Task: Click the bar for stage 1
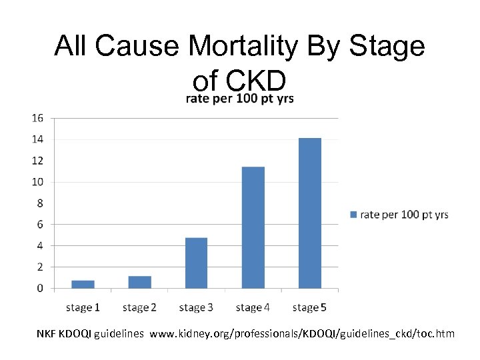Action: click(x=83, y=285)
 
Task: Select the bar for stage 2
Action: click(x=139, y=283)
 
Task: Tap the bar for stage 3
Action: click(x=196, y=263)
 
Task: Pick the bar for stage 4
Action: click(x=253, y=228)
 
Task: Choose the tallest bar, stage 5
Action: click(x=309, y=213)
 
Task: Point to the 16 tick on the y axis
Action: click(x=37, y=118)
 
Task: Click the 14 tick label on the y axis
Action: click(x=37, y=139)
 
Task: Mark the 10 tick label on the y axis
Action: click(x=37, y=182)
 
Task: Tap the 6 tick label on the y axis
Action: click(x=40, y=225)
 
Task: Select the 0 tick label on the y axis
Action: click(x=40, y=289)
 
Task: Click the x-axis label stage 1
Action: click(x=83, y=307)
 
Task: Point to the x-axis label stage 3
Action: click(x=196, y=307)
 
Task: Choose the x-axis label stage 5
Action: click(x=309, y=307)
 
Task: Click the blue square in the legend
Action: click(x=353, y=215)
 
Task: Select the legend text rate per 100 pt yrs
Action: click(x=404, y=215)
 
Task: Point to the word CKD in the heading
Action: click(x=256, y=81)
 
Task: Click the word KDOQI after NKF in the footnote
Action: click(x=75, y=333)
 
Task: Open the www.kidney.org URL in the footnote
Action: click(x=303, y=333)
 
